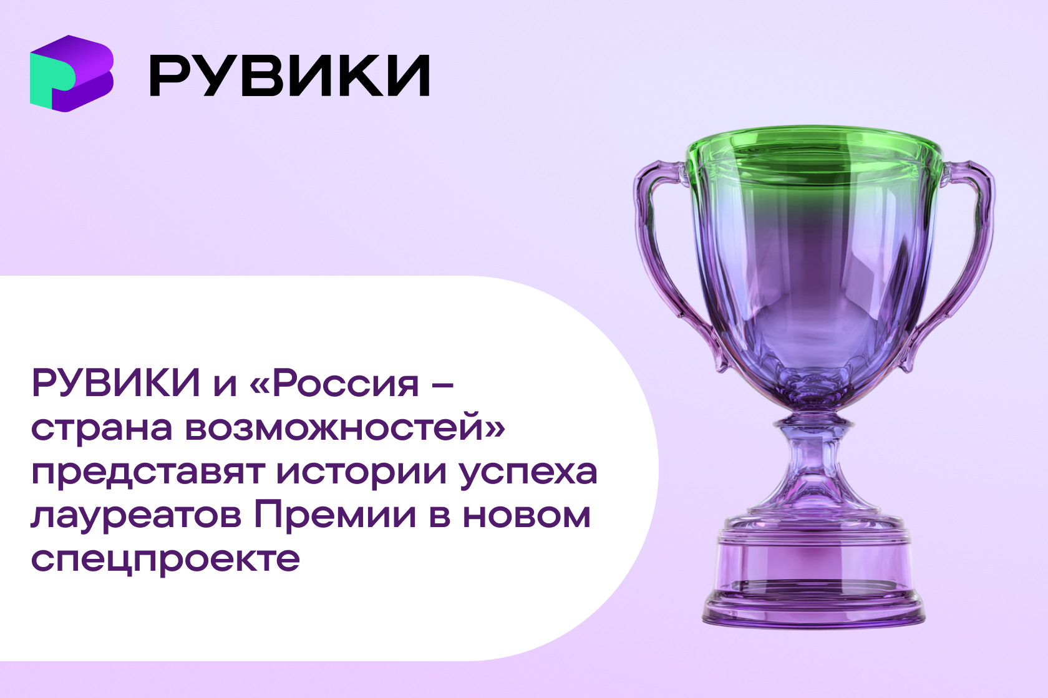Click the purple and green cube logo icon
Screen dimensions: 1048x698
pos(72,74)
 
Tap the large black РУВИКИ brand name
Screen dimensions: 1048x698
pos(289,75)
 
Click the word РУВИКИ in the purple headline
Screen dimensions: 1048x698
pos(116,383)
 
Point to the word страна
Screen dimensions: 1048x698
pos(102,428)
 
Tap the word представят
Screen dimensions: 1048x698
pos(148,473)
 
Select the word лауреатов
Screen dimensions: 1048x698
pos(136,518)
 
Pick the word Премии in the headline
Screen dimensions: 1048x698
pos(335,515)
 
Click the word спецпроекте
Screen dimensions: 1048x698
pos(165,561)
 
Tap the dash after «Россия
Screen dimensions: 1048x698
pos(441,385)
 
